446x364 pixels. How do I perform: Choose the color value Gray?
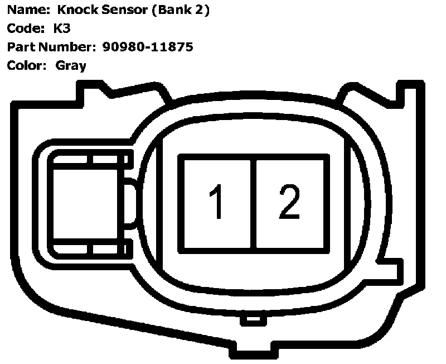click(71, 66)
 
